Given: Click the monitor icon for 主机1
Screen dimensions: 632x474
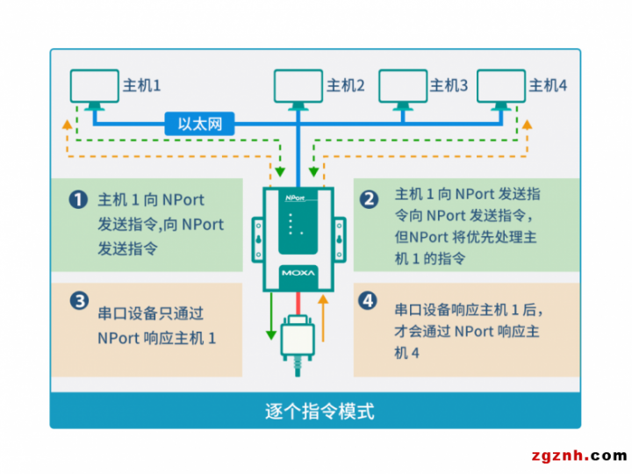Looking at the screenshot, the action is point(94,90).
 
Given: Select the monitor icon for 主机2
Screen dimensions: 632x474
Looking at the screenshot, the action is point(298,90).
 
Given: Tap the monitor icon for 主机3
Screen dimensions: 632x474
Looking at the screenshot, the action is point(403,90).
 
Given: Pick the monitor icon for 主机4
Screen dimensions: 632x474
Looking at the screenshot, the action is point(501,90).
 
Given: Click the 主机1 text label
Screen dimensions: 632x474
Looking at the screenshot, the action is point(141,85).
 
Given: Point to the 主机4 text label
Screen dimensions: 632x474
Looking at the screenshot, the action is point(548,85).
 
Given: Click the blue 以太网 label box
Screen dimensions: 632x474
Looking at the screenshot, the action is point(199,124).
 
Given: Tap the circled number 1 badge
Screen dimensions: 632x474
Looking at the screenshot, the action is point(78,199).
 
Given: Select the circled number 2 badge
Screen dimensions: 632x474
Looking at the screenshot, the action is point(369,199).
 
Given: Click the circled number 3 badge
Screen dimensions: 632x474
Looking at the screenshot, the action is point(79,301).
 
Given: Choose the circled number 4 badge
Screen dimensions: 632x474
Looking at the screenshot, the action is point(368,301).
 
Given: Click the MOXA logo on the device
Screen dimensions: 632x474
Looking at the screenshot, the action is point(298,273).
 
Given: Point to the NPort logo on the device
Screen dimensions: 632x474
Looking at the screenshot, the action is point(295,197).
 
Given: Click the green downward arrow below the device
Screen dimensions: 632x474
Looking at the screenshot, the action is point(271,316).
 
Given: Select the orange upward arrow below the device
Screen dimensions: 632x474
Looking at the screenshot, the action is point(323,319).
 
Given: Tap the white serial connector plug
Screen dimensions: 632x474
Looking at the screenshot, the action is point(298,338).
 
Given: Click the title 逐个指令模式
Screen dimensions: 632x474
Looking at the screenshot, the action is point(320,411).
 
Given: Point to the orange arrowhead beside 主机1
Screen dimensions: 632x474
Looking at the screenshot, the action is point(68,125).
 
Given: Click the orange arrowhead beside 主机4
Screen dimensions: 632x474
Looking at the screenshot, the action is point(528,125).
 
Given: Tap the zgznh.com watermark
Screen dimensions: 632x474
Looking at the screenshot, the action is point(579,456).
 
